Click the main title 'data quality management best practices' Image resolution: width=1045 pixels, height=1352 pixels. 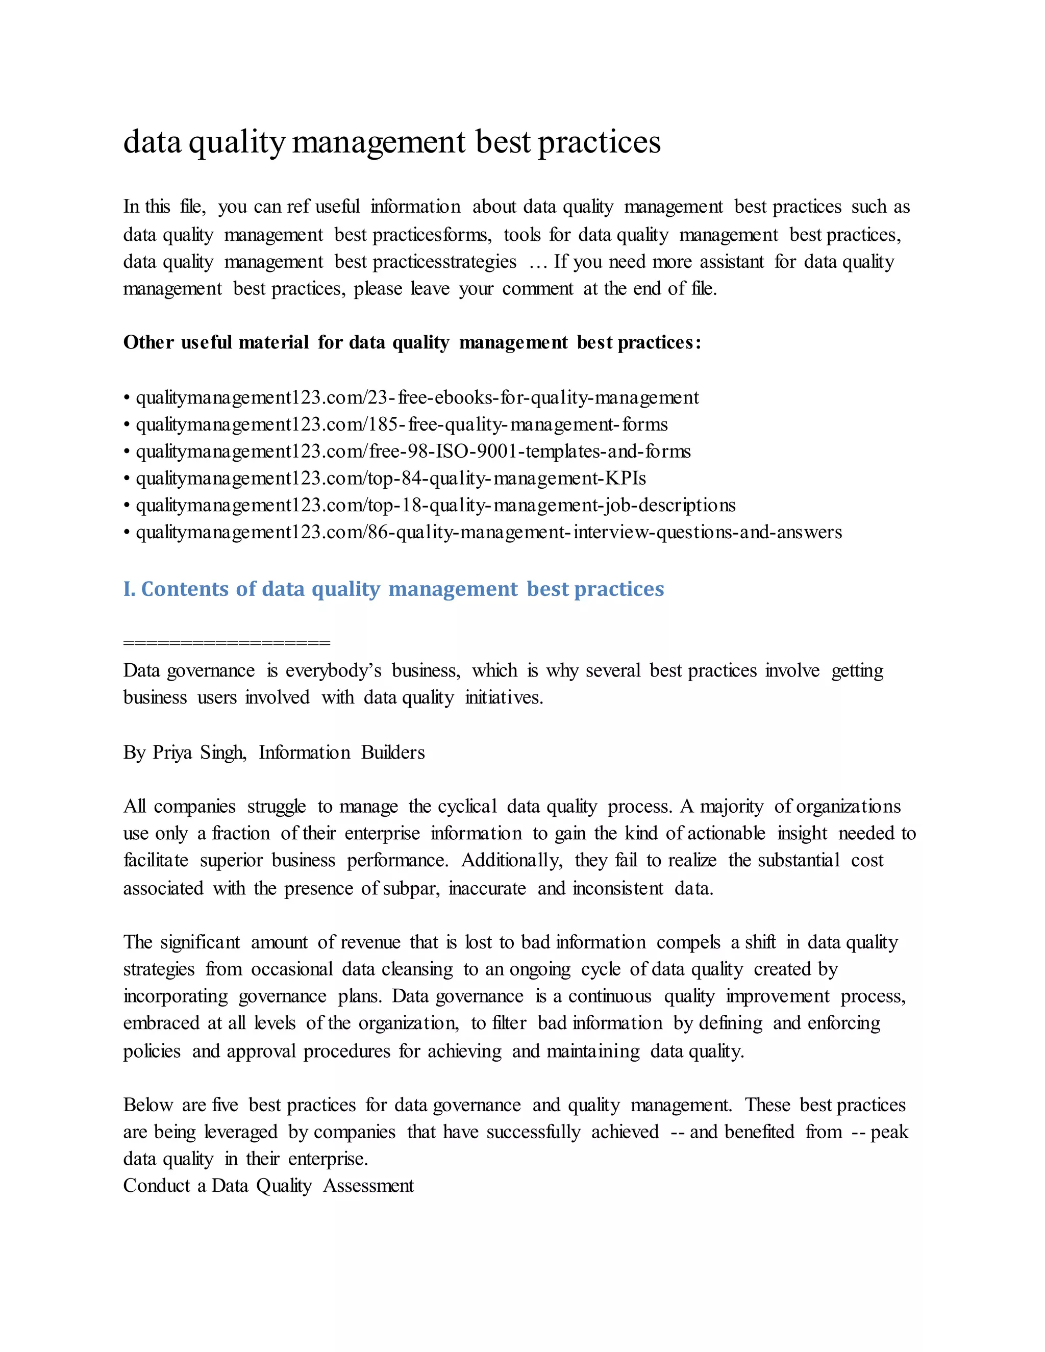pos(391,142)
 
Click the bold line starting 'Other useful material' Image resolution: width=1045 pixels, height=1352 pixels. pos(412,342)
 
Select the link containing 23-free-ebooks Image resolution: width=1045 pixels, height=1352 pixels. pos(417,397)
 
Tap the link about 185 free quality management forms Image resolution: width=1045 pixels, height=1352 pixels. pos(401,424)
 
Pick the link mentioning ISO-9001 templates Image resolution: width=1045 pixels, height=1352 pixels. pos(413,452)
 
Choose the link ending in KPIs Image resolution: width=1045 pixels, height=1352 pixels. pos(391,479)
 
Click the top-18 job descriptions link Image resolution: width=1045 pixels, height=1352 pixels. pos(435,505)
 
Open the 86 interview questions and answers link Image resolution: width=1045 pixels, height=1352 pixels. pos(488,532)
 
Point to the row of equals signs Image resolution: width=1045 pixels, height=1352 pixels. pos(227,642)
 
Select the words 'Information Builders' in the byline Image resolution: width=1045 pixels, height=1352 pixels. pos(342,752)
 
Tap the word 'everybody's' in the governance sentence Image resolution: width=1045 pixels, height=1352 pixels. pos(333,670)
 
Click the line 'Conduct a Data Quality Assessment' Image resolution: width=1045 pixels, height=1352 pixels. pos(268,1186)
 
